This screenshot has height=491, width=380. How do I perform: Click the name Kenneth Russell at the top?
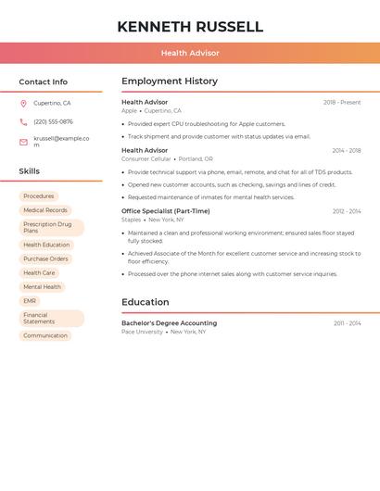190,27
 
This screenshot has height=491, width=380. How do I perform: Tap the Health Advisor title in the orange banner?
190,53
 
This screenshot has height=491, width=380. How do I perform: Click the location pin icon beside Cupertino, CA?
23,103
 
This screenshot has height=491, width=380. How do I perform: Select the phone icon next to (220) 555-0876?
23,121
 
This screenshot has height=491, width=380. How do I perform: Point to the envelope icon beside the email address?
23,142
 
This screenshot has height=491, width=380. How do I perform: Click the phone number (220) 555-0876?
53,121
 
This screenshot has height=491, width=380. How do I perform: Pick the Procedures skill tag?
39,196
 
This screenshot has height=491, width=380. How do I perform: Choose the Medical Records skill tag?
45,210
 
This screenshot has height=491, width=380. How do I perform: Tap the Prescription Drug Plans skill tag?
51,227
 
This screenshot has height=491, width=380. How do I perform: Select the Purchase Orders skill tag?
45,258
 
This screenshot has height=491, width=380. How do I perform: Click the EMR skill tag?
30,301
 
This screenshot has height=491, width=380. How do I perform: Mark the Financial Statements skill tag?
51,318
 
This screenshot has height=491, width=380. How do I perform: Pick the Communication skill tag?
45,335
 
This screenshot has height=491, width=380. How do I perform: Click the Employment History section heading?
170,82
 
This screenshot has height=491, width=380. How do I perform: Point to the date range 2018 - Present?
342,102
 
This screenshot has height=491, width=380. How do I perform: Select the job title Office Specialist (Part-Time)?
166,211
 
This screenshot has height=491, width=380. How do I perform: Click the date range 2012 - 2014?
347,211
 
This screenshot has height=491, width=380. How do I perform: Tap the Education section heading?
146,302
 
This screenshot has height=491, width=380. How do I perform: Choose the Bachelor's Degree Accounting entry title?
169,323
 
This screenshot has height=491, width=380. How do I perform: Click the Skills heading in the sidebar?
30,171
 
